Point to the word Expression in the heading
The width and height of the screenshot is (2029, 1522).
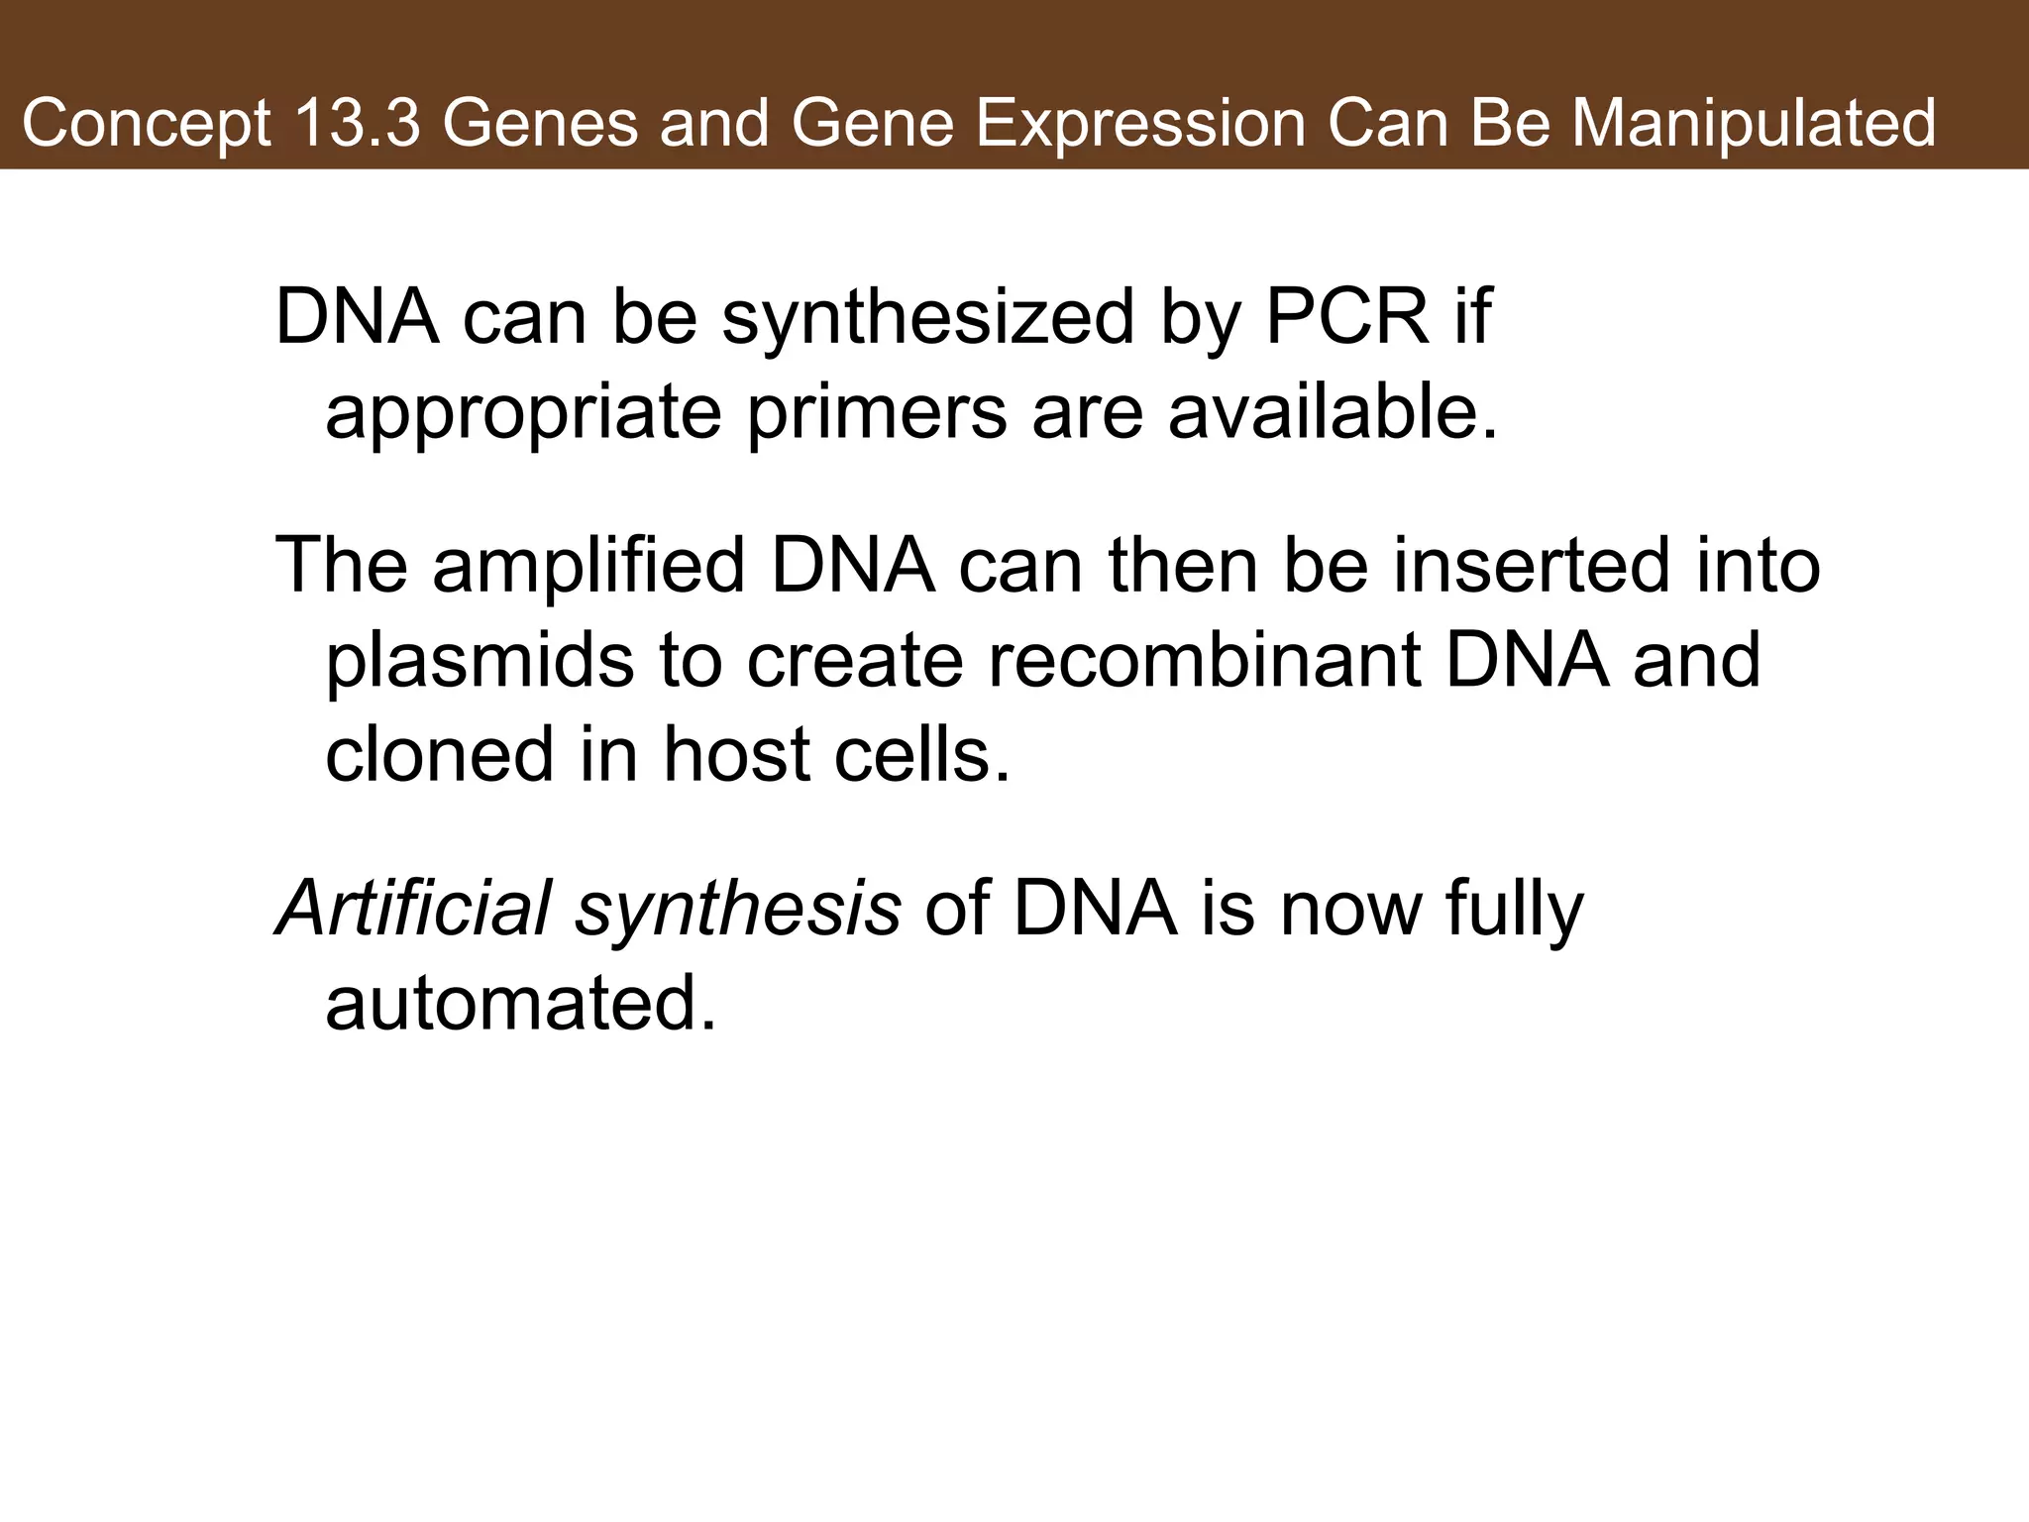[1139, 125]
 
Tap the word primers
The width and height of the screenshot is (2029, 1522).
[876, 413]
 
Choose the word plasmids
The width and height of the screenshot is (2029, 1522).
[480, 662]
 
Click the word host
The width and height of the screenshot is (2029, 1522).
[738, 754]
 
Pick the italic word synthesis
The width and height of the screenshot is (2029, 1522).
[738, 910]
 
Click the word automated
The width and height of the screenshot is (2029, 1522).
[519, 1003]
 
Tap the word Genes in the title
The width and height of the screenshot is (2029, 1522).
[540, 125]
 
